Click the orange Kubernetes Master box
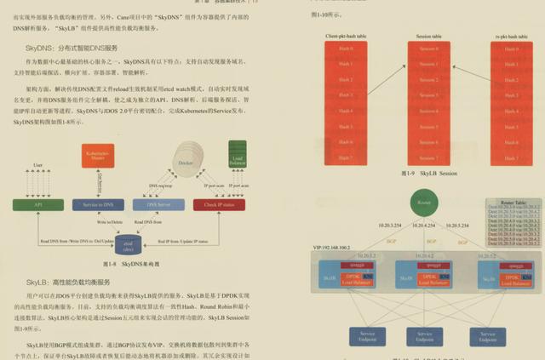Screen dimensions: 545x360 tap(99, 157)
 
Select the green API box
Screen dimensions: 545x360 tap(38, 204)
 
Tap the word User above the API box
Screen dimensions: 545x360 tap(37, 164)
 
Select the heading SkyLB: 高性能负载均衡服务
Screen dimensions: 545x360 tap(68, 281)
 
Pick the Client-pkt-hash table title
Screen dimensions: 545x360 tap(345, 37)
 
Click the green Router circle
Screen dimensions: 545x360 tap(423, 202)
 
